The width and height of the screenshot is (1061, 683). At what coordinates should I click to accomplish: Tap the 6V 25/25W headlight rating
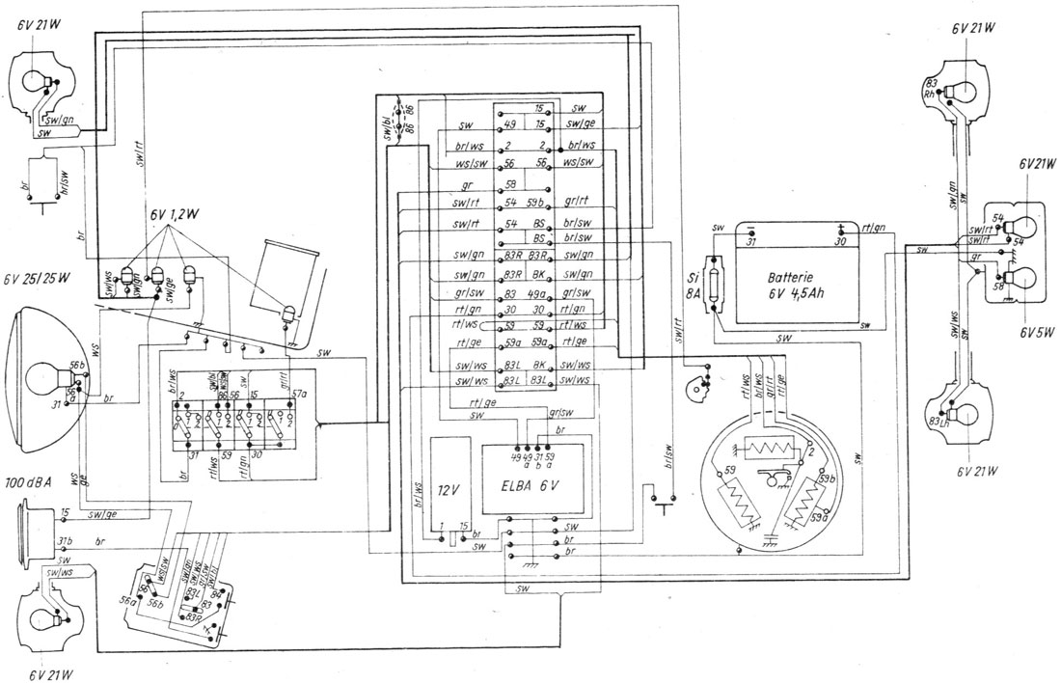(x=38, y=280)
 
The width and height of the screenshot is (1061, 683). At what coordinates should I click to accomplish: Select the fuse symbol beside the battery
(x=716, y=286)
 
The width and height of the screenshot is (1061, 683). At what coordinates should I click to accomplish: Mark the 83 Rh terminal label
(x=932, y=89)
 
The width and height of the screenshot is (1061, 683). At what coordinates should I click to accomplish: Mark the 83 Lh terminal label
(x=938, y=421)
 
